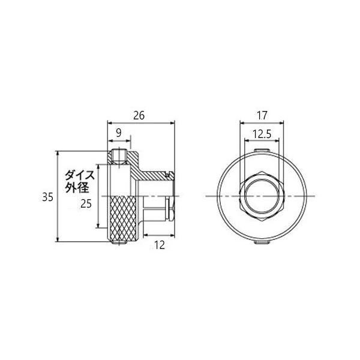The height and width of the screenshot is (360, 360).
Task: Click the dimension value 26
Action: pos(139,115)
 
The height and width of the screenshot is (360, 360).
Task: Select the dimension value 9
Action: pos(118,133)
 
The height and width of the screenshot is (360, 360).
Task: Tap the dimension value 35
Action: pos(48,197)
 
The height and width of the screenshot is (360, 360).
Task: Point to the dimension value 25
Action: pos(86,204)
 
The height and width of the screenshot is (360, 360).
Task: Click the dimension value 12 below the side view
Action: pos(160,245)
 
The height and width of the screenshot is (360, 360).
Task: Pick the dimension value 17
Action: pos(262,115)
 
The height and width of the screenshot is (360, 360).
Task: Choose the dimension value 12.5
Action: pos(262,134)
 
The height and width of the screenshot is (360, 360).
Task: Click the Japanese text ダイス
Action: pos(80,176)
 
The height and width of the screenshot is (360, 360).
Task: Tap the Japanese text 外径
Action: pos(77,188)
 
